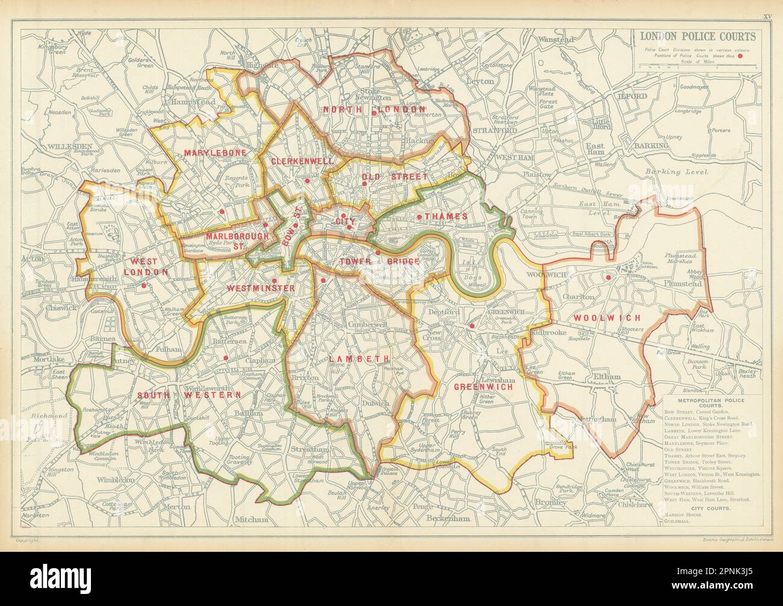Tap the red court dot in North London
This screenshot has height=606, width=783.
point(373,113)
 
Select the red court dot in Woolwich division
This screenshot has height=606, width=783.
point(609,277)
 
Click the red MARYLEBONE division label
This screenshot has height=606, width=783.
point(215,153)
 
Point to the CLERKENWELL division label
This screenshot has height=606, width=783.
point(293,161)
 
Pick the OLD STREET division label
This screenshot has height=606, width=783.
point(395,177)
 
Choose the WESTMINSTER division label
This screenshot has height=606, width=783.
point(260,289)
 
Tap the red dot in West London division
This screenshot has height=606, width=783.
point(144,286)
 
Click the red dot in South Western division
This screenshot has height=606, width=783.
point(225,358)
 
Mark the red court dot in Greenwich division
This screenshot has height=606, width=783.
point(472,326)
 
